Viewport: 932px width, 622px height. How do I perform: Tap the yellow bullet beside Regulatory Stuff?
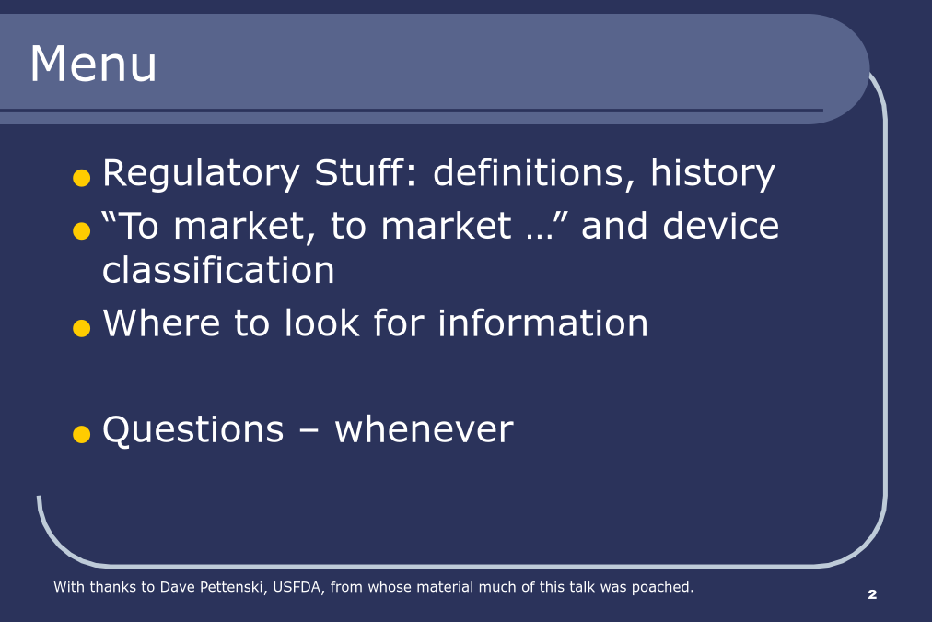pos(81,178)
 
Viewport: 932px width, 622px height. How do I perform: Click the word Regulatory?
pos(201,174)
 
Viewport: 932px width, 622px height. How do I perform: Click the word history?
pos(713,174)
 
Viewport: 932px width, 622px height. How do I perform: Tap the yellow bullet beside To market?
pos(81,230)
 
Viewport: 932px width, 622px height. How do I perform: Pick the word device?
pos(720,226)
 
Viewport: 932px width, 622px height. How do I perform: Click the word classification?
pos(218,270)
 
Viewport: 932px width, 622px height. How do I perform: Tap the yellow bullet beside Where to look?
pos(81,328)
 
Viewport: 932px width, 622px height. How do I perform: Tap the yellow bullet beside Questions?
pos(81,434)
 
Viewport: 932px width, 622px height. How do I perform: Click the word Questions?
pos(193,429)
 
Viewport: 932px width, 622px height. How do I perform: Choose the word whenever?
pos(424,429)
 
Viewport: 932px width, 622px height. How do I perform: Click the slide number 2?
pos(872,594)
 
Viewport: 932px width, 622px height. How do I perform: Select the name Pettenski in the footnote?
pos(230,587)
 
